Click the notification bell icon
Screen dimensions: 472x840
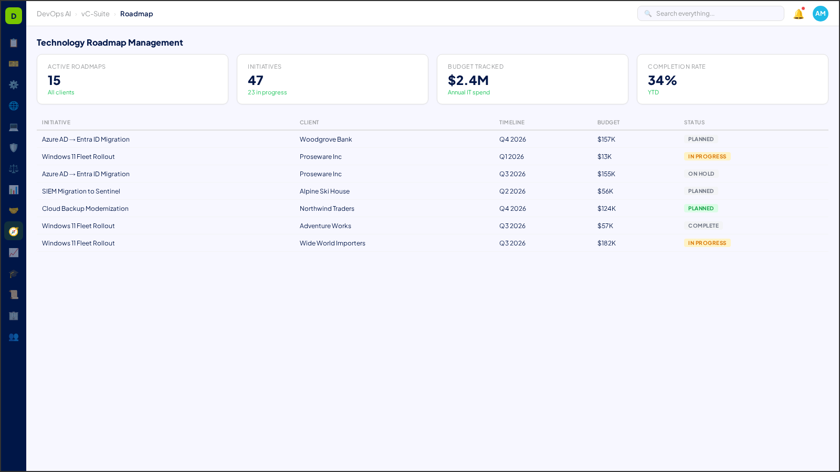(x=799, y=14)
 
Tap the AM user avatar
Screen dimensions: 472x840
(x=820, y=14)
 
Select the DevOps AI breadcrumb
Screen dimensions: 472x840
(x=54, y=14)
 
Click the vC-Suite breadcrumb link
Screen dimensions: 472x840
(x=95, y=14)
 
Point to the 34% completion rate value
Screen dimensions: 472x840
(x=662, y=80)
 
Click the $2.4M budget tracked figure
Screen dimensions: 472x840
(x=468, y=80)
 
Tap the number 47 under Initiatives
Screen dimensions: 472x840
(x=256, y=80)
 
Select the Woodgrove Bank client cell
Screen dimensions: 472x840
(x=325, y=140)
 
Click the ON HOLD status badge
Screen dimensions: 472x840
(x=701, y=174)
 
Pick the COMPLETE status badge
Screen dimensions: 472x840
(x=703, y=226)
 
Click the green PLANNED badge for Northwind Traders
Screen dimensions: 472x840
(x=701, y=209)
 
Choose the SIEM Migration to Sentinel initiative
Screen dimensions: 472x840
(x=81, y=191)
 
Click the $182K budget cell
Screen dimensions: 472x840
(x=606, y=243)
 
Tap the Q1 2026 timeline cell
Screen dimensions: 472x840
(x=511, y=157)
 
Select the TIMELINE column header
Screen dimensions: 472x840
(x=511, y=123)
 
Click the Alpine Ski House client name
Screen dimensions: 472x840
(x=324, y=191)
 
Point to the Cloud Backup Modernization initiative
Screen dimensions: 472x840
(x=85, y=209)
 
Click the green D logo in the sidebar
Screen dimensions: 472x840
(x=14, y=16)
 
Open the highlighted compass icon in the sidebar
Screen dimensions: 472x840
(x=14, y=231)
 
